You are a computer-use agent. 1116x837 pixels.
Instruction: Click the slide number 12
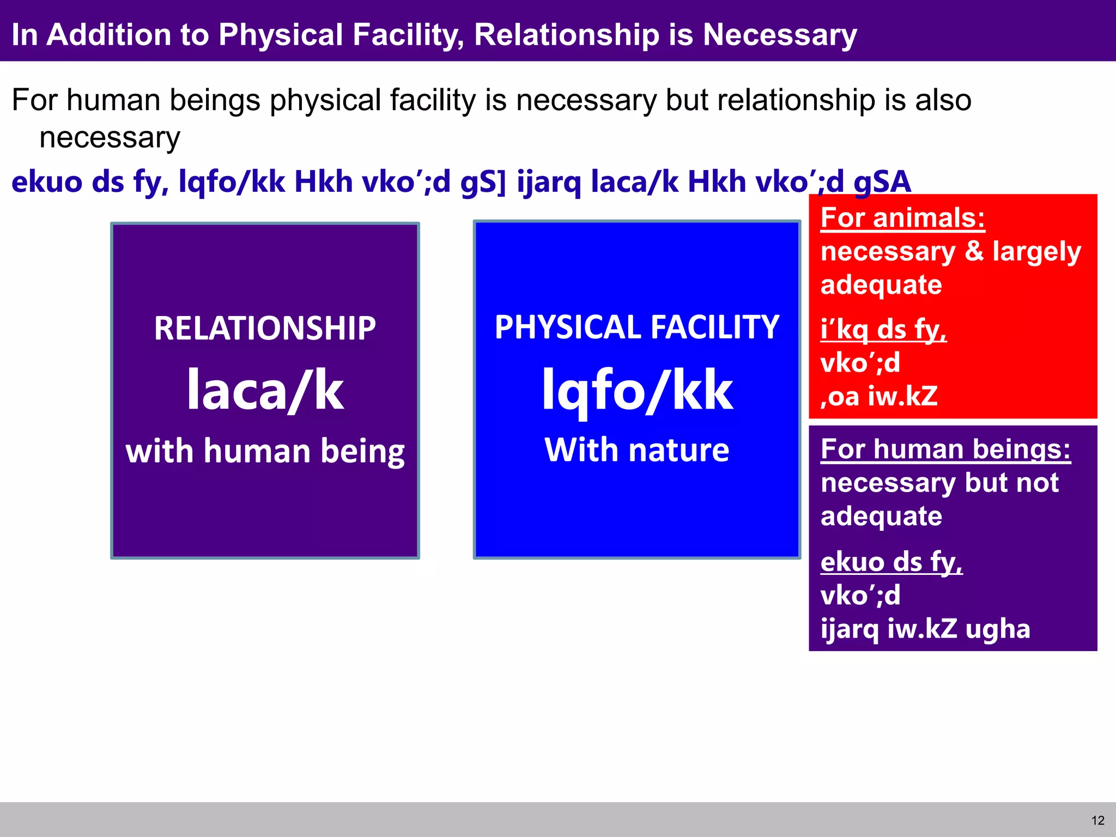coord(1097,821)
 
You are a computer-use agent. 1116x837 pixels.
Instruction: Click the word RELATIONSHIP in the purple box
coord(265,329)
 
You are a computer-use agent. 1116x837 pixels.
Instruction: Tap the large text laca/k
coord(265,390)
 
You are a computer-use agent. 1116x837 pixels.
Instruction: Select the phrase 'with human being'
coord(265,452)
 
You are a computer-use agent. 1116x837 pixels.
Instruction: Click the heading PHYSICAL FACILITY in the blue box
coord(636,327)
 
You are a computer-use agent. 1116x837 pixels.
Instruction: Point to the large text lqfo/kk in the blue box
coord(636,390)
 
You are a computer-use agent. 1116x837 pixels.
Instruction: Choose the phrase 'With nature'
coord(636,450)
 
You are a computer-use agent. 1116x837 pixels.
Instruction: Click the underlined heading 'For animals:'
coord(902,218)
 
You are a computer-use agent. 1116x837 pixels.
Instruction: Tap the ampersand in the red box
coord(974,251)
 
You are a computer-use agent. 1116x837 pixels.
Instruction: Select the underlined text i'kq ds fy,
coord(883,330)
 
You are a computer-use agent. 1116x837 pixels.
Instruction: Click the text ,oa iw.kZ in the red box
coord(879,396)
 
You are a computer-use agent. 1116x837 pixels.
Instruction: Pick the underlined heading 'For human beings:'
coord(945,450)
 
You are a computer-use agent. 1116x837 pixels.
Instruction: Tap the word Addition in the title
coord(109,35)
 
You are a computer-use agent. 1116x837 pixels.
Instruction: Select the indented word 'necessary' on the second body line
coord(110,137)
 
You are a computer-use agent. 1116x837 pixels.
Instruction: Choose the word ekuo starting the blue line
coord(47,181)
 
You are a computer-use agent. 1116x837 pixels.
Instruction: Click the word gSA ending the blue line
coord(882,181)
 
